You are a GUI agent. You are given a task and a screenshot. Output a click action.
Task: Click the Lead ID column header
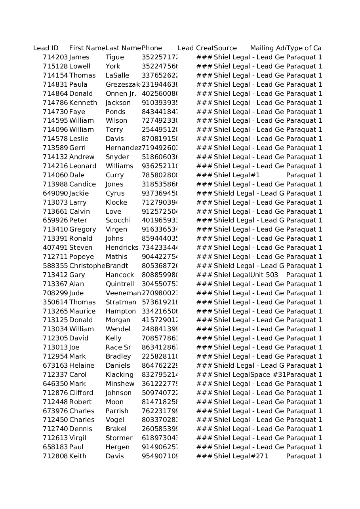(x=46, y=48)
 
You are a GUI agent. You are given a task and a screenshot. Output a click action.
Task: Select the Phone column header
(x=152, y=48)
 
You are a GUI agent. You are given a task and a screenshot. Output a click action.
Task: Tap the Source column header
(x=225, y=48)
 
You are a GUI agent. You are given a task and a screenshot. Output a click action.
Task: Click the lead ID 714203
(x=55, y=57)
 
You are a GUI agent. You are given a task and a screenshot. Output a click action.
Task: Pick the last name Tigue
(x=114, y=57)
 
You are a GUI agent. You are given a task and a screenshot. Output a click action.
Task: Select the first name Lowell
(x=80, y=66)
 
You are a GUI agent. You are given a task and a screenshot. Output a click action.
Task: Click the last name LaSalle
(x=117, y=76)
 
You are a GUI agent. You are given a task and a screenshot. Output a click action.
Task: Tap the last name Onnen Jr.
(x=121, y=94)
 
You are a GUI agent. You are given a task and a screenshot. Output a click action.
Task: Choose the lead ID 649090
(x=55, y=194)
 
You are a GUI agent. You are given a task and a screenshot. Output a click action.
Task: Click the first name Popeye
(x=81, y=257)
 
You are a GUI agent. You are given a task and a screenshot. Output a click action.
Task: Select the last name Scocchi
(x=118, y=220)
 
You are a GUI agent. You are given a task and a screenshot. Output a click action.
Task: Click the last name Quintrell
(x=120, y=284)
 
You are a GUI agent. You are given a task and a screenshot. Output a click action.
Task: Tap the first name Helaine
(x=82, y=366)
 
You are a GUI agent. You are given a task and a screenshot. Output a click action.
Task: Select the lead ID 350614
(x=55, y=302)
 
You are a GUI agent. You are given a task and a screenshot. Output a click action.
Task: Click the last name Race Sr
(x=118, y=348)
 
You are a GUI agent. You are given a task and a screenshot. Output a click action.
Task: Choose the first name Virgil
(x=78, y=438)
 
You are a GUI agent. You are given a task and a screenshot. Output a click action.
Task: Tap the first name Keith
(x=78, y=456)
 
